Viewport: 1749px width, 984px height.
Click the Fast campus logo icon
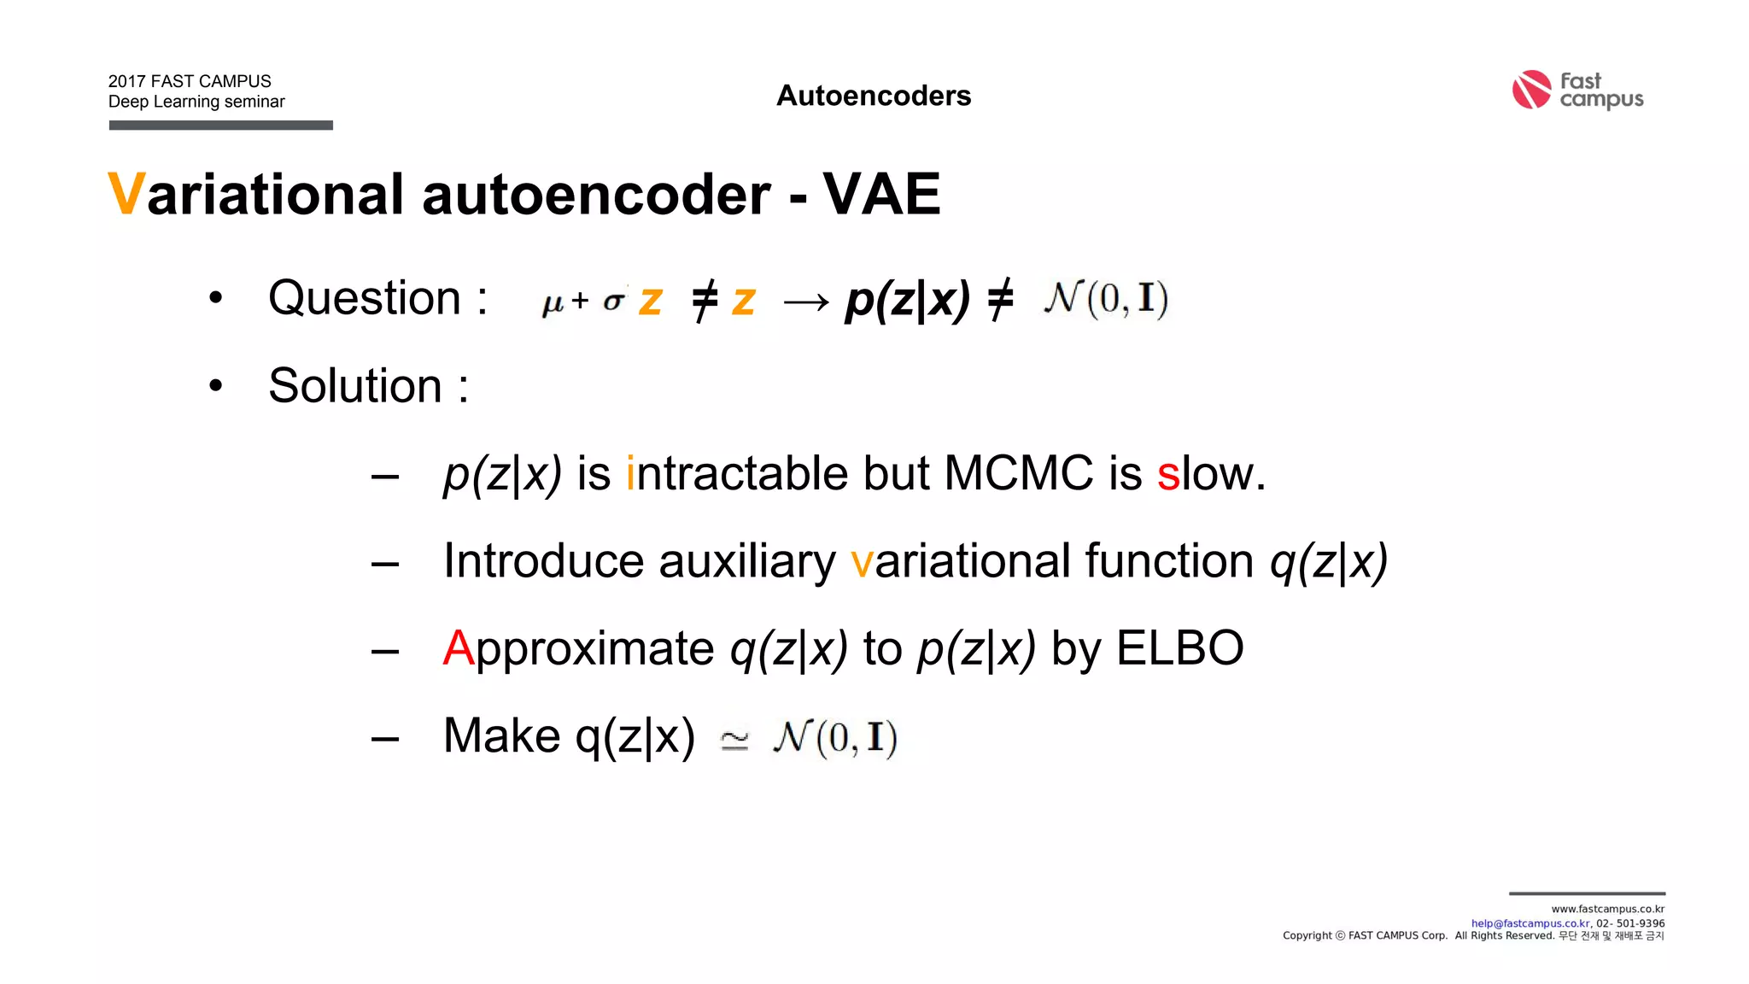(1531, 90)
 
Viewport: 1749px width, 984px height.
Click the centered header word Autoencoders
(874, 96)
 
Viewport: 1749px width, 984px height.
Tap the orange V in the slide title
(126, 195)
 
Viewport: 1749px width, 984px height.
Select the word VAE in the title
(881, 195)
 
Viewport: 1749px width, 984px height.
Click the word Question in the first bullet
(365, 298)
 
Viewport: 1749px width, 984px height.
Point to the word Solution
(354, 386)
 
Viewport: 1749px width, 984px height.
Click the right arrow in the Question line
(805, 302)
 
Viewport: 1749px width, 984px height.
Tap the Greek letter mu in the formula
(553, 303)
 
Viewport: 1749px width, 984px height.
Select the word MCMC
(1018, 473)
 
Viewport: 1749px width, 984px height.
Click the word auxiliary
(747, 562)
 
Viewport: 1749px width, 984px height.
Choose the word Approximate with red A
(578, 649)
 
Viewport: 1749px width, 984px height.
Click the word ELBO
(1179, 648)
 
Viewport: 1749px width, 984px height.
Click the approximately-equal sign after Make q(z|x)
(734, 740)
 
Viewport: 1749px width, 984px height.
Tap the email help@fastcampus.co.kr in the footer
(1530, 923)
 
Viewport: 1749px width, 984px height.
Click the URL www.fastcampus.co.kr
(1607, 909)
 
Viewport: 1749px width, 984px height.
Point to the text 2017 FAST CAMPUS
(190, 81)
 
